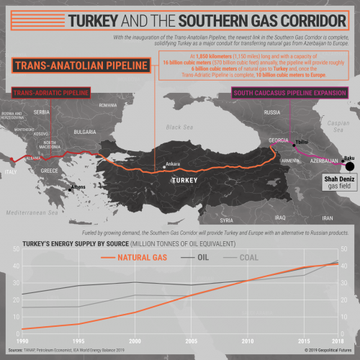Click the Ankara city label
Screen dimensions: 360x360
pyautogui.click(x=173, y=164)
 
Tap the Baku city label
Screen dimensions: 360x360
pyautogui.click(x=349, y=158)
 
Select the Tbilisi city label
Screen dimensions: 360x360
pyautogui.click(x=302, y=142)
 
